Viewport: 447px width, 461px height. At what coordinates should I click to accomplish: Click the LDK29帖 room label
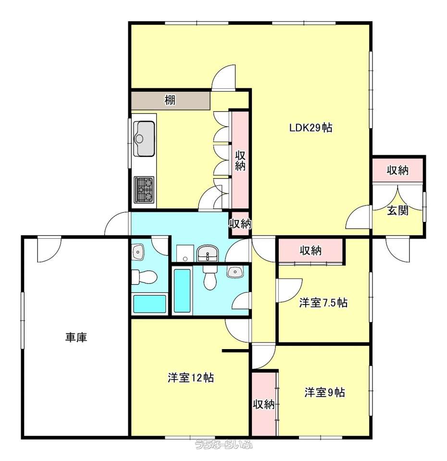tap(311, 128)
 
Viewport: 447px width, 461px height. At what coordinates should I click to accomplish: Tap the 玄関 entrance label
tap(397, 210)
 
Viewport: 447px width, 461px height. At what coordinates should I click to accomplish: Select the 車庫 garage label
tap(76, 337)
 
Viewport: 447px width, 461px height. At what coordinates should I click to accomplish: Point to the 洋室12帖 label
tap(191, 377)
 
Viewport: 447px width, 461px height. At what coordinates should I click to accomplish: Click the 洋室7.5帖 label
tap(323, 303)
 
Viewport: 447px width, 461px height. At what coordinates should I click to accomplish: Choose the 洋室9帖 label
tap(324, 392)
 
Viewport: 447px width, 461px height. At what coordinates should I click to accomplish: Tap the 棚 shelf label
tap(170, 100)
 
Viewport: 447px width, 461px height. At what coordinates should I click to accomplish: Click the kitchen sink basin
tap(144, 138)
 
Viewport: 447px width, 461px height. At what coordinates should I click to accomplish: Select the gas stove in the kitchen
tap(144, 190)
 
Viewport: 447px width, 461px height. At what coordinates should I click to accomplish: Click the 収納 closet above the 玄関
tap(397, 170)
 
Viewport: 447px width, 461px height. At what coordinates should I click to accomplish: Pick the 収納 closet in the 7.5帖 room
tap(311, 251)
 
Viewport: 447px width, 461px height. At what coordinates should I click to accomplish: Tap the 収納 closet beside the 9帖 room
tap(264, 404)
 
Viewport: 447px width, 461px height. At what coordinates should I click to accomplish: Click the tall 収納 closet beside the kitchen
tap(240, 160)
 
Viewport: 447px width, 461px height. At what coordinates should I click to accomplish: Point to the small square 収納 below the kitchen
tap(240, 224)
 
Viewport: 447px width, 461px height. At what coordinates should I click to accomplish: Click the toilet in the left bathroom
tap(144, 277)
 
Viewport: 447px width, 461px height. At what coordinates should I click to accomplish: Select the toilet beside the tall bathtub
tap(210, 278)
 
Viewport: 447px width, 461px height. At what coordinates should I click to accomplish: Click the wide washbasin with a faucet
tap(208, 254)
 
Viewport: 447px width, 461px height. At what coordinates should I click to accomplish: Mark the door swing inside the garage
tap(49, 249)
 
